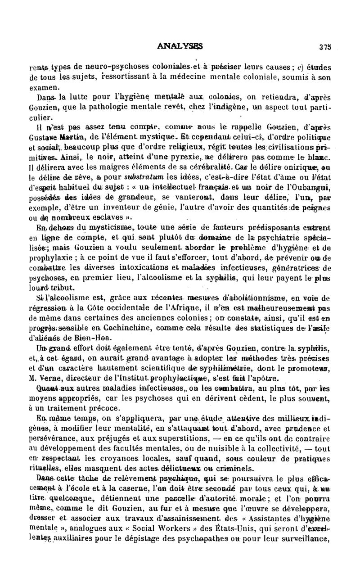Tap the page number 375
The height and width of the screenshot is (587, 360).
point(325,46)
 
